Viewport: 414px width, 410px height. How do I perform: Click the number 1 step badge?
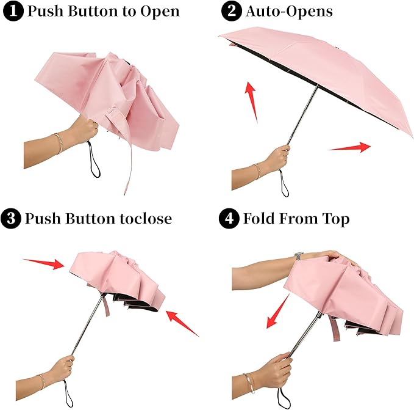point(12,11)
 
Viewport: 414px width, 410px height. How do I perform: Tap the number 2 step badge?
point(231,11)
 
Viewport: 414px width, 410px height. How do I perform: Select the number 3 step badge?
point(12,218)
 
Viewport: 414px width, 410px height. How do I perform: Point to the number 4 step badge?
point(231,218)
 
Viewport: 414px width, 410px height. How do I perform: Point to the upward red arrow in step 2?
point(250,101)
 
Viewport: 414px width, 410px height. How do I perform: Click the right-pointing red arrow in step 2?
point(349,147)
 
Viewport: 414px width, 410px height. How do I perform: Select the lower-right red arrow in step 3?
point(183,323)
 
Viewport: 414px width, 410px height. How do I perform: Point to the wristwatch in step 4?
point(299,256)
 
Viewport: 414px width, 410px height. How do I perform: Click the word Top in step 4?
point(335,218)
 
